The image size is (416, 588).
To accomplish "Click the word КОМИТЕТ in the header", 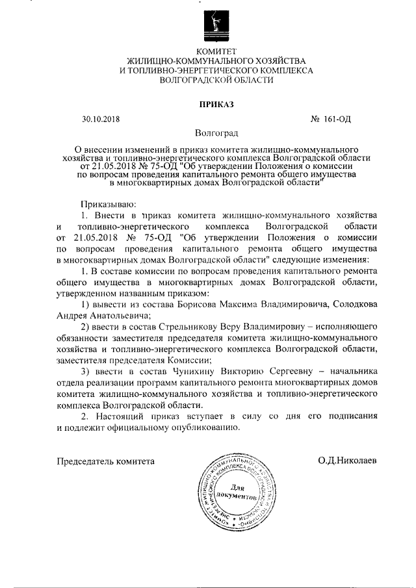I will click(x=217, y=51).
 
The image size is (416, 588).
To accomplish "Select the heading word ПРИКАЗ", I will click(x=217, y=103).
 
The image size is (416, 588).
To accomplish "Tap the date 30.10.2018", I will click(x=101, y=119).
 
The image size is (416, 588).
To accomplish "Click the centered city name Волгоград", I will click(x=217, y=133).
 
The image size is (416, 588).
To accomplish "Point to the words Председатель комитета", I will click(x=106, y=461).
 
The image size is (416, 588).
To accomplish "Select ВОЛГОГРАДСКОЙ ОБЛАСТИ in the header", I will click(x=217, y=80).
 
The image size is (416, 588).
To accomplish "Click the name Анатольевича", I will click(x=114, y=315).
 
